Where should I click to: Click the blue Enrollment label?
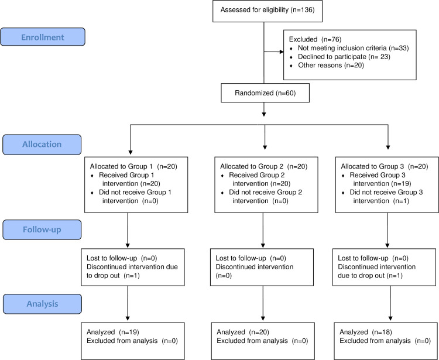click(43, 37)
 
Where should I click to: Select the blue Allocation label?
click(42, 145)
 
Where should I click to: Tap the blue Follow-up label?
click(42, 229)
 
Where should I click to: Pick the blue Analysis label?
click(43, 304)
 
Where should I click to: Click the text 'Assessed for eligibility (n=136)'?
click(267, 10)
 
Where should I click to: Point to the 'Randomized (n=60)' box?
click(265, 92)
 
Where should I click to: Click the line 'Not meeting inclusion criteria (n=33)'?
click(353, 48)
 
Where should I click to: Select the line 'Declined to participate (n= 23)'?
click(344, 57)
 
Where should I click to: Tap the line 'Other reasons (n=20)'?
click(331, 66)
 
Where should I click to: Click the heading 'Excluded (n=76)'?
click(315, 39)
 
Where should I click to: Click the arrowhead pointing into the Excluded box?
click(282, 52)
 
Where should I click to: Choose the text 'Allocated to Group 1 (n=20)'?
click(133, 167)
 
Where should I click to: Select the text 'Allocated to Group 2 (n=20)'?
click(264, 167)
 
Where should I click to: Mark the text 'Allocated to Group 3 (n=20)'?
click(385, 167)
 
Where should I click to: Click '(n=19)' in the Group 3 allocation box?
click(402, 184)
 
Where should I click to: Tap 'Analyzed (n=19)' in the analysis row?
click(113, 332)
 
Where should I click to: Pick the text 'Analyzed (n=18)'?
click(366, 332)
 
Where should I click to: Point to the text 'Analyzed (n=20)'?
click(243, 332)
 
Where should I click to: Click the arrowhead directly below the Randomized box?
click(264, 114)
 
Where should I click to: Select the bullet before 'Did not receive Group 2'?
click(222, 193)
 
